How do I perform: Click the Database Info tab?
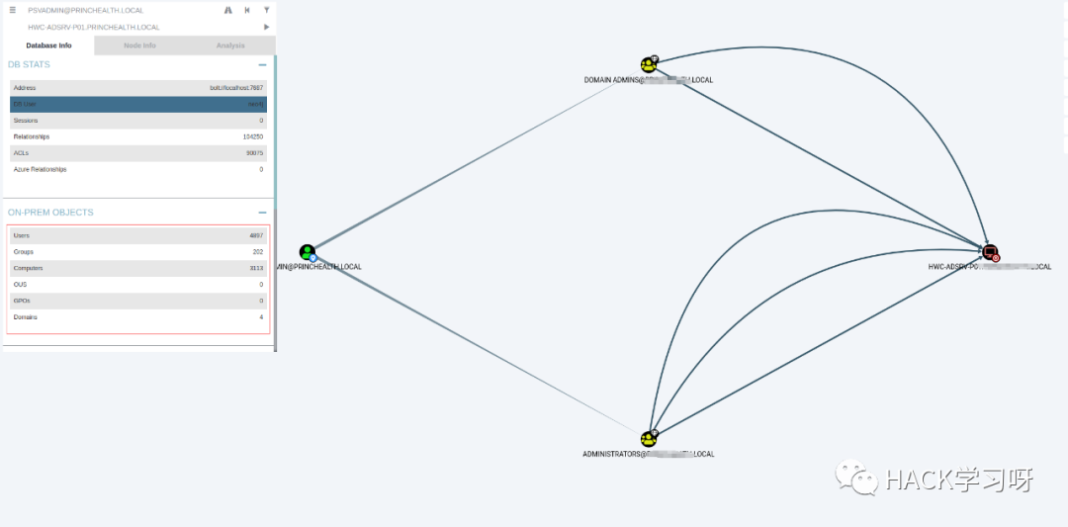[x=48, y=45]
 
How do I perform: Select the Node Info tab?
[x=139, y=45]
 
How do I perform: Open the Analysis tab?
[x=230, y=45]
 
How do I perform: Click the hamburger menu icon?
[x=12, y=10]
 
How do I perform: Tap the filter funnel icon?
[x=266, y=10]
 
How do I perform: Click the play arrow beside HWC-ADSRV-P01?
[x=266, y=27]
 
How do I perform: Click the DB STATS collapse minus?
[x=262, y=65]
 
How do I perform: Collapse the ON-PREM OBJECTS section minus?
[x=262, y=213]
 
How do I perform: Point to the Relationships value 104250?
[x=253, y=136]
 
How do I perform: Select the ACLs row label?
[x=22, y=153]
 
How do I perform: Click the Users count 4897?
[x=256, y=236]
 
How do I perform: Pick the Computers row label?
[x=27, y=268]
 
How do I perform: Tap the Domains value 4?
[x=261, y=317]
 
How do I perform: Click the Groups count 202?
[x=257, y=252]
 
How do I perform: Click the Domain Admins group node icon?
[x=649, y=65]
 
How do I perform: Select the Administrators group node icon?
[x=649, y=438]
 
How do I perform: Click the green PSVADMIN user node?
[x=308, y=252]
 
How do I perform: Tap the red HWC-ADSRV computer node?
[x=990, y=253]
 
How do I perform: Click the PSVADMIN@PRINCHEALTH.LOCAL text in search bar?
[x=86, y=10]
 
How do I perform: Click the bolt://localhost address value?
[x=236, y=88]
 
